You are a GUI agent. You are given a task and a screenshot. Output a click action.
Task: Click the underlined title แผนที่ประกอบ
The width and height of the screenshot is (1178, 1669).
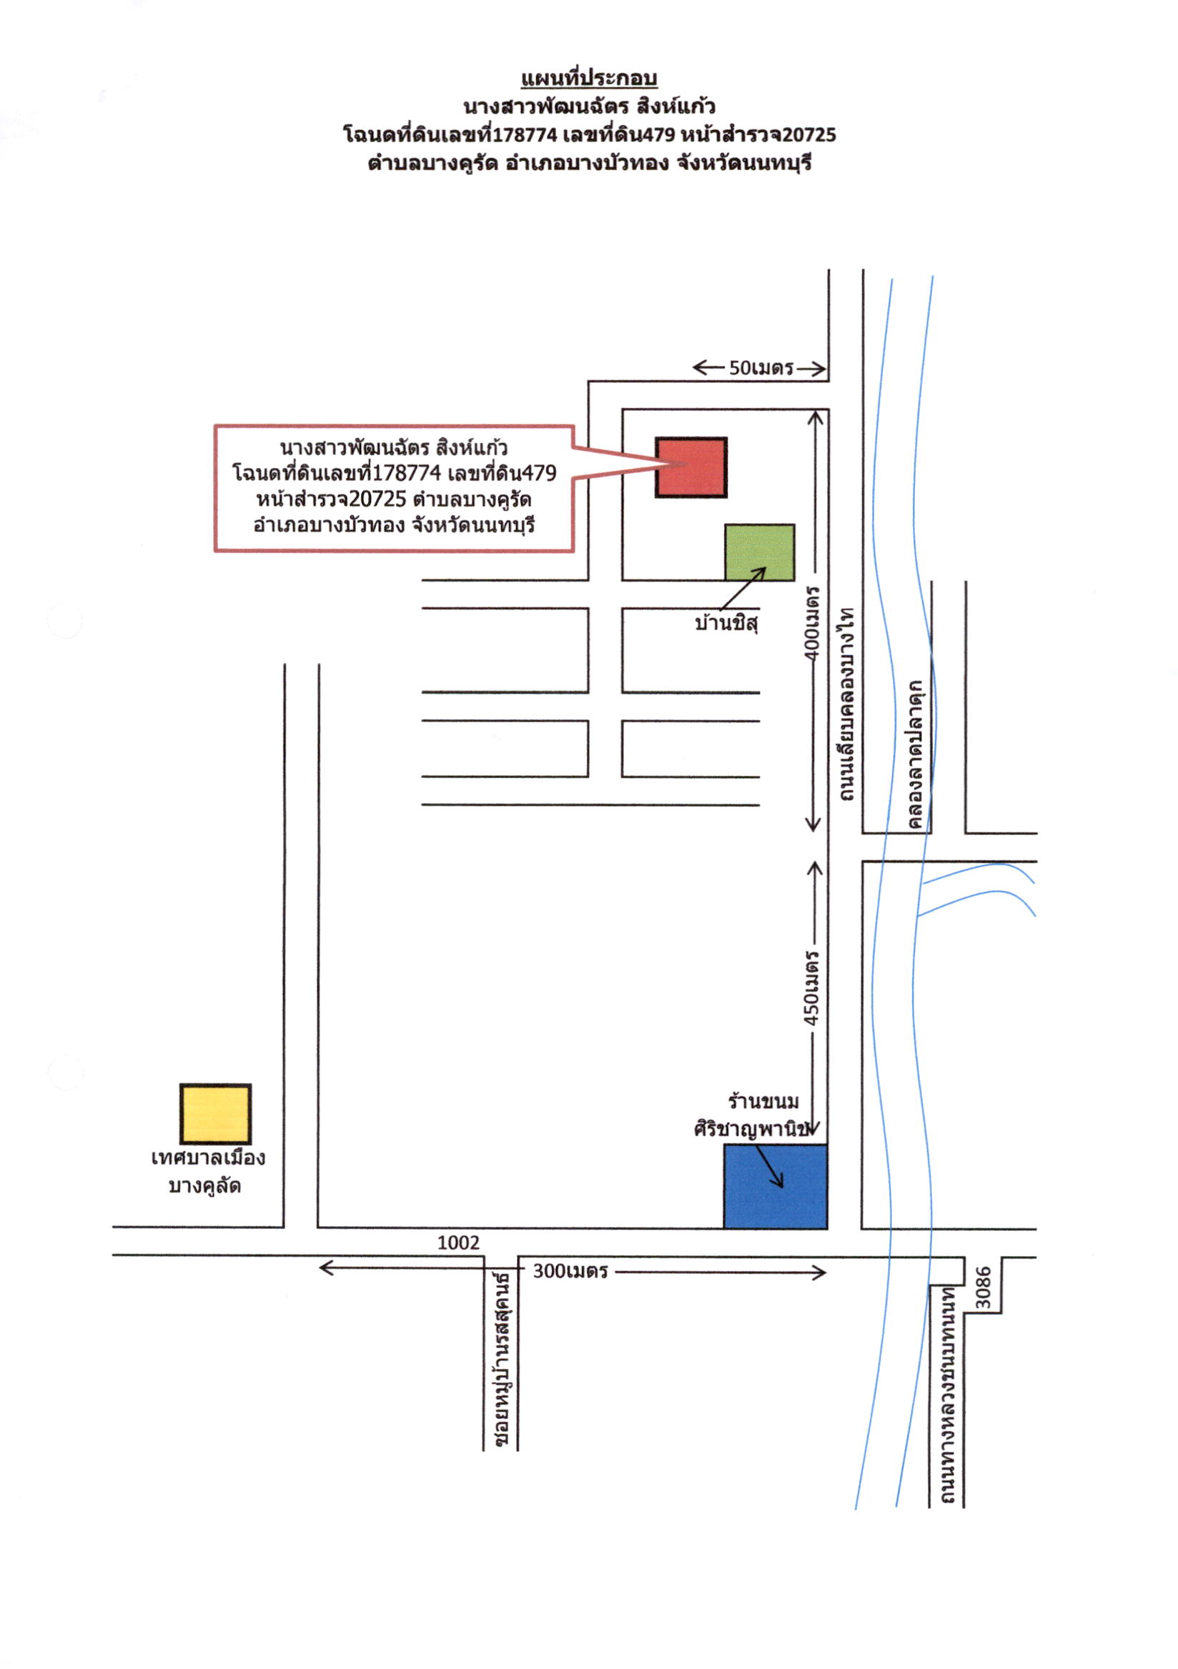pyautogui.click(x=589, y=79)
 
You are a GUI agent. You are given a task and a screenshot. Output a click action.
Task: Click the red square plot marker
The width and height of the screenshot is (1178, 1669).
pyautogui.click(x=691, y=467)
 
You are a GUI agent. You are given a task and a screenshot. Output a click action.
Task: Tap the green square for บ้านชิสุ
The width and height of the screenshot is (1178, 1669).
pyautogui.click(x=759, y=552)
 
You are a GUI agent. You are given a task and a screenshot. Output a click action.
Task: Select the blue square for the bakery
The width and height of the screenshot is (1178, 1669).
pyautogui.click(x=775, y=1186)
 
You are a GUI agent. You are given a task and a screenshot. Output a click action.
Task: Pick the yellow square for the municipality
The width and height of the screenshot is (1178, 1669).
pyautogui.click(x=215, y=1114)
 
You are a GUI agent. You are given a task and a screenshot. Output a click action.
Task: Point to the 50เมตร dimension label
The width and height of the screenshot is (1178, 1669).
pyautogui.click(x=761, y=368)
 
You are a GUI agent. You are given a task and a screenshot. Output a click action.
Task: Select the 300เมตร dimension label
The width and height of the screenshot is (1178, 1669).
pyautogui.click(x=570, y=1271)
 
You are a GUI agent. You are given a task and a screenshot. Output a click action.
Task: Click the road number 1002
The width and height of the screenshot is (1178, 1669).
pyautogui.click(x=458, y=1242)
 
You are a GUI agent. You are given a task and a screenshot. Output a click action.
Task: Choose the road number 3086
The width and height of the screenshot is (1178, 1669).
pyautogui.click(x=983, y=1287)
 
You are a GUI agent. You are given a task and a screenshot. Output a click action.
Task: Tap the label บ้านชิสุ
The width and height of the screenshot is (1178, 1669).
pyautogui.click(x=726, y=623)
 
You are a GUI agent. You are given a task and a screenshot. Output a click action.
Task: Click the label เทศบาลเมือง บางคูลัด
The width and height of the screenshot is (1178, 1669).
pyautogui.click(x=207, y=1172)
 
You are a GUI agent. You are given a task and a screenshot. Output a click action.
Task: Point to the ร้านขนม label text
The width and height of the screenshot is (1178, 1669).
pyautogui.click(x=763, y=1101)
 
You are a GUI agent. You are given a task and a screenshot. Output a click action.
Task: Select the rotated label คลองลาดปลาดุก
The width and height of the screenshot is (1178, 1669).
pyautogui.click(x=914, y=754)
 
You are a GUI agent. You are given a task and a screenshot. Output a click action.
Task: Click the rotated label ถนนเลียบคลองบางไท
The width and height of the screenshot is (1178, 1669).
pyautogui.click(x=846, y=704)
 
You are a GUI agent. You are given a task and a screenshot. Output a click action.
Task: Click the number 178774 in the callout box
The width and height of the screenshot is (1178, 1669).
pyautogui.click(x=406, y=473)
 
